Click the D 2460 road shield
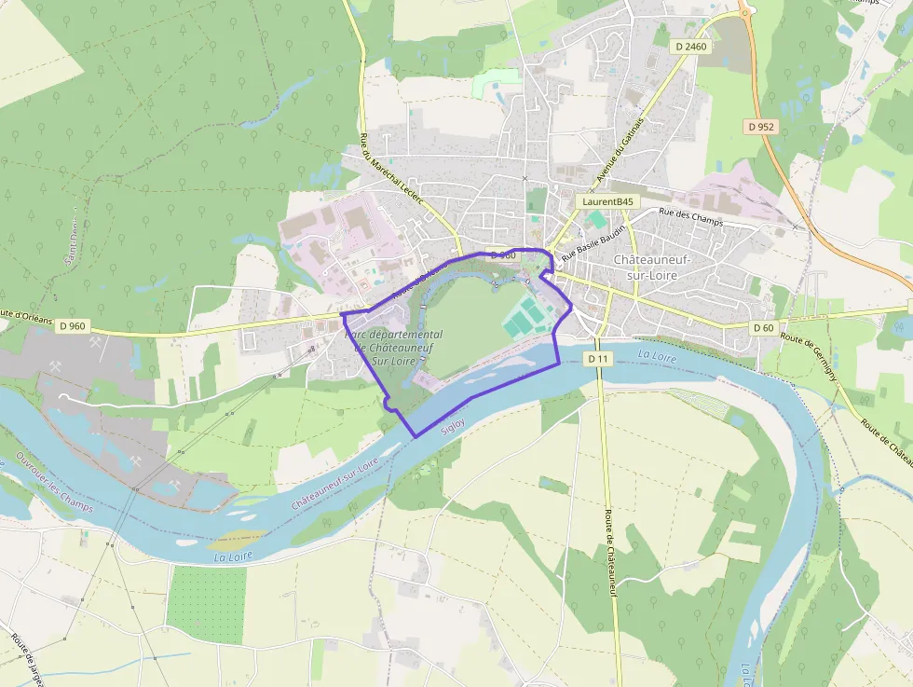[690, 46]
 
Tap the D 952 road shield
[760, 126]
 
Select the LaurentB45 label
[607, 201]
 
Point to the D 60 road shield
[764, 327]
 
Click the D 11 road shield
[598, 359]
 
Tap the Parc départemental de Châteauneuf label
[393, 347]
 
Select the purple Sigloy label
[453, 425]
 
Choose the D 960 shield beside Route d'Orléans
[72, 326]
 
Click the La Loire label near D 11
[657, 355]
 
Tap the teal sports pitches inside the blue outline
[525, 317]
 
